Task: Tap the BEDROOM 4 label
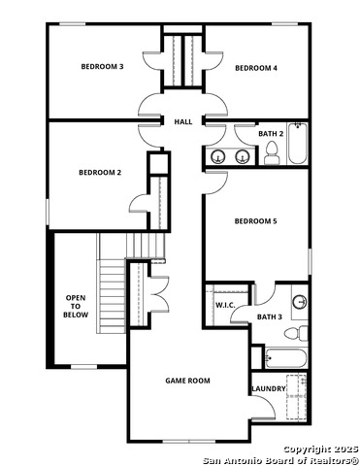click(256, 68)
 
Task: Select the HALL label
click(182, 122)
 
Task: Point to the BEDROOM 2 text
click(99, 173)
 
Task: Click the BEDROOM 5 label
click(255, 221)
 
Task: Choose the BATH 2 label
click(271, 133)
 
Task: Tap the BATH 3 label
click(269, 316)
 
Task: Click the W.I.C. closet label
click(225, 306)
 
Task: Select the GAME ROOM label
click(186, 381)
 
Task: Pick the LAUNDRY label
click(269, 388)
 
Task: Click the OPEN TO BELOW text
click(76, 306)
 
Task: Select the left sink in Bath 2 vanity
click(218, 156)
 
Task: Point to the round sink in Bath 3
click(299, 301)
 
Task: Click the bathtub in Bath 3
click(285, 358)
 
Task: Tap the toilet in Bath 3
click(302, 333)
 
